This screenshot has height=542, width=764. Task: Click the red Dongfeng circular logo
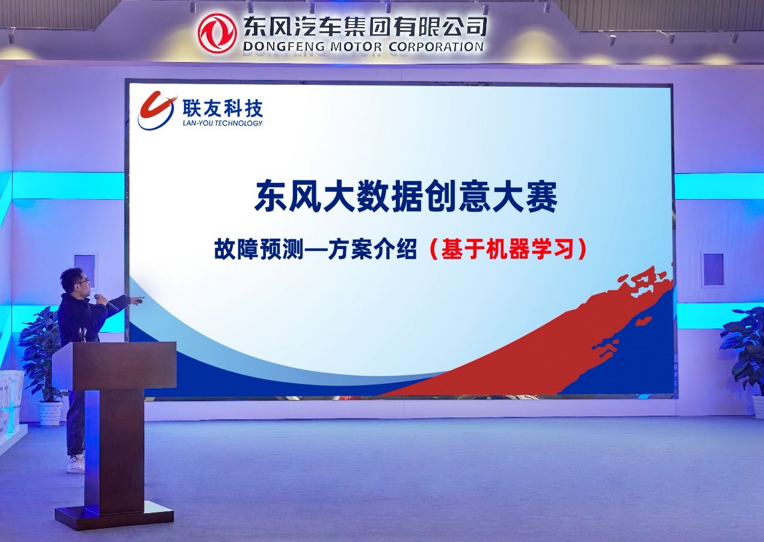218,32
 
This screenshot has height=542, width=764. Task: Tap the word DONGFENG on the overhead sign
283,47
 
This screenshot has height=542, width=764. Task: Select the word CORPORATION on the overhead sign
436,46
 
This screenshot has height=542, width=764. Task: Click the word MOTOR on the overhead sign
356,47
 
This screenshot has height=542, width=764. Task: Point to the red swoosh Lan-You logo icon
157,111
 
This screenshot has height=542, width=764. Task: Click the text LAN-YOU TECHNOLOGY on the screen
223,123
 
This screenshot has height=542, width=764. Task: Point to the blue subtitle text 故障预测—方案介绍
315,250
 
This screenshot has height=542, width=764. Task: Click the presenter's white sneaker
75,465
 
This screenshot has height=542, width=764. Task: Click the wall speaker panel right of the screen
713,269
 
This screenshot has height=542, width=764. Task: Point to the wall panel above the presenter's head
85,269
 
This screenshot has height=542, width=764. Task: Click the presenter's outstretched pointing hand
138,300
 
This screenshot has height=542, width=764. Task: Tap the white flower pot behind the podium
50,413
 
